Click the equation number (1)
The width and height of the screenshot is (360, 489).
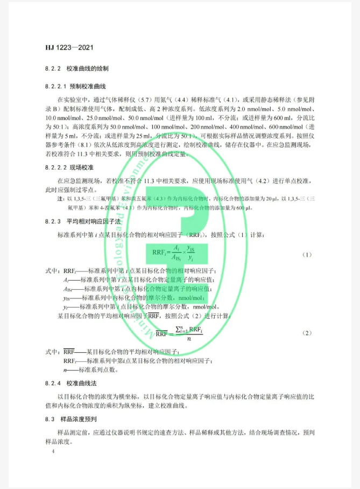pos(307,254)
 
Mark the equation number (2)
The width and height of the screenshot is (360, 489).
pos(307,333)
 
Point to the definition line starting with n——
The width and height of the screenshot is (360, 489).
pos(91,370)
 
